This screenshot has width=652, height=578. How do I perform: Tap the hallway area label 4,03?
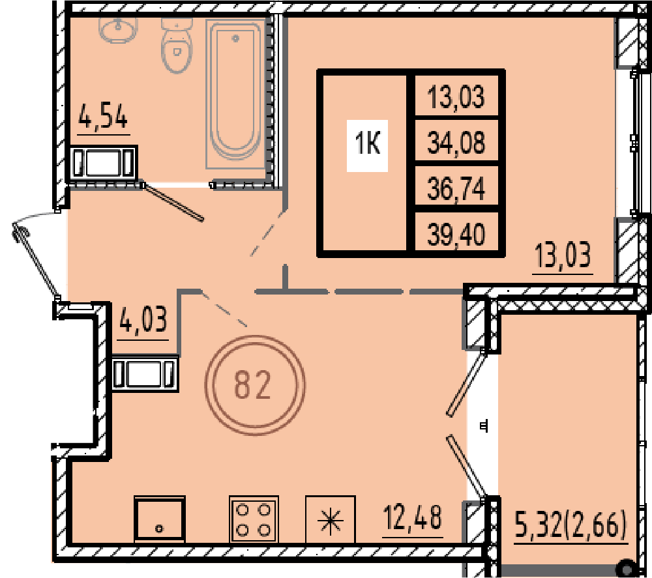point(143,320)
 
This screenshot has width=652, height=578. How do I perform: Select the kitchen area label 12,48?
point(412,518)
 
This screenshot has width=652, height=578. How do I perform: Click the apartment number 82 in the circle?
point(252,385)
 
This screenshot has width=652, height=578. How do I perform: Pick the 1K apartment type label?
point(368,145)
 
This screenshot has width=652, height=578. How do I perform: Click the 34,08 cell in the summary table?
point(456,142)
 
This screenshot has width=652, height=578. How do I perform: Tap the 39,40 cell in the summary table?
point(456,235)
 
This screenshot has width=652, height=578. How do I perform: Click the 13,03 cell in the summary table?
point(456,96)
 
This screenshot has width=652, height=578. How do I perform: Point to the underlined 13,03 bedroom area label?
point(563,255)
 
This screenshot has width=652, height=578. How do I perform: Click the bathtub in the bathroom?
point(236,94)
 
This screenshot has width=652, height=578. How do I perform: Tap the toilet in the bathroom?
point(177,46)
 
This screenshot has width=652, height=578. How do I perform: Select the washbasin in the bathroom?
point(118,29)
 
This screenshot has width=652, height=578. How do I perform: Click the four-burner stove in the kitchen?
point(254,519)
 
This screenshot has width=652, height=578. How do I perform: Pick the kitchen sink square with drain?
point(159,519)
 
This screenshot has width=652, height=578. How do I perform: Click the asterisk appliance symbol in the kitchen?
point(331,519)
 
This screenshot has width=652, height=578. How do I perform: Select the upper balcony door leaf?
point(466,383)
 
